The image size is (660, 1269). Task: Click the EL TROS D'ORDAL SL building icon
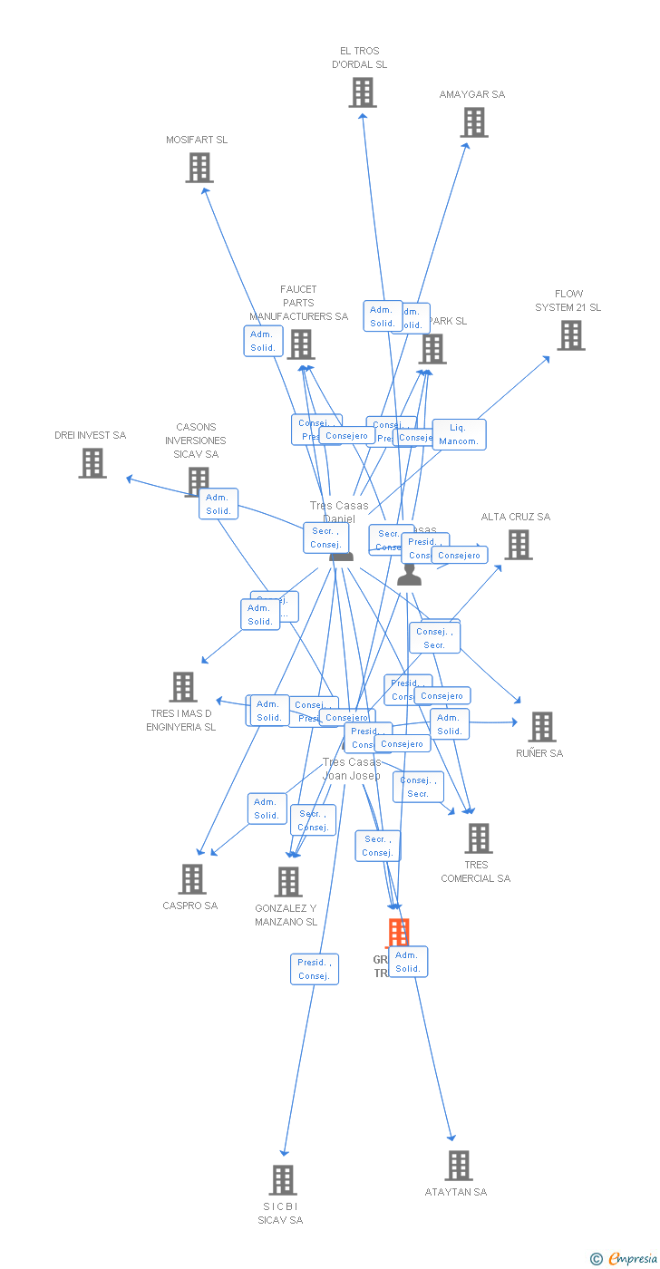pyautogui.click(x=363, y=92)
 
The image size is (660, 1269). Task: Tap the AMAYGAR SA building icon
pyautogui.click(x=473, y=122)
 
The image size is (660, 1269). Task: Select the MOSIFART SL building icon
pyautogui.click(x=199, y=168)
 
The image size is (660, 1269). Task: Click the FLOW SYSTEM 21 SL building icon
pyautogui.click(x=570, y=335)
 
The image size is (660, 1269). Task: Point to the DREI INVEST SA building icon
pyautogui.click(x=92, y=463)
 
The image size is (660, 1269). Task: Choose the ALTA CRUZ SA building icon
pyautogui.click(x=518, y=545)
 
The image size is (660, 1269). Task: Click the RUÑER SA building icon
pyautogui.click(x=541, y=727)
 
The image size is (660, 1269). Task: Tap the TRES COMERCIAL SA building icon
pyautogui.click(x=478, y=838)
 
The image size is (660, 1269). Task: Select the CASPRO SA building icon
pyautogui.click(x=191, y=879)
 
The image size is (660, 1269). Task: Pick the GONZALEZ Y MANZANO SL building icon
pyautogui.click(x=287, y=882)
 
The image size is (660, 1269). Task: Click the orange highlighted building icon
pyautogui.click(x=398, y=932)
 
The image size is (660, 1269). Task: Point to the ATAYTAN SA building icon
pyautogui.click(x=459, y=1166)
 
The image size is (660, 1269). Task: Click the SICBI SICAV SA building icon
pyautogui.click(x=283, y=1180)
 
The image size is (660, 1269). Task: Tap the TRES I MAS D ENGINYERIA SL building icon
pyautogui.click(x=183, y=687)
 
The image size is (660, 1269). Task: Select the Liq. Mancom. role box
pyautogui.click(x=459, y=434)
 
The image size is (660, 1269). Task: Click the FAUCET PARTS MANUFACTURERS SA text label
pyautogui.click(x=298, y=303)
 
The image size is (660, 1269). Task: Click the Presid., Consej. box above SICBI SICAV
pyautogui.click(x=314, y=969)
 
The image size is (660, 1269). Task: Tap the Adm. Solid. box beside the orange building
pyautogui.click(x=408, y=962)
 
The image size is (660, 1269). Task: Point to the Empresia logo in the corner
pyautogui.click(x=625, y=1258)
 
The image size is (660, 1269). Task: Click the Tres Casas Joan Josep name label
pyautogui.click(x=352, y=769)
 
